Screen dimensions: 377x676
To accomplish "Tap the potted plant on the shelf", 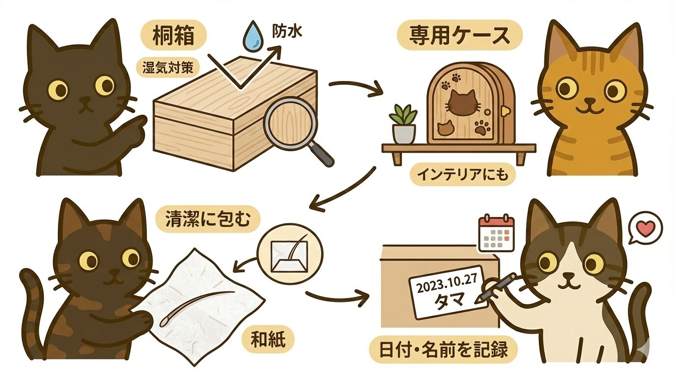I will click(x=403, y=124).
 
